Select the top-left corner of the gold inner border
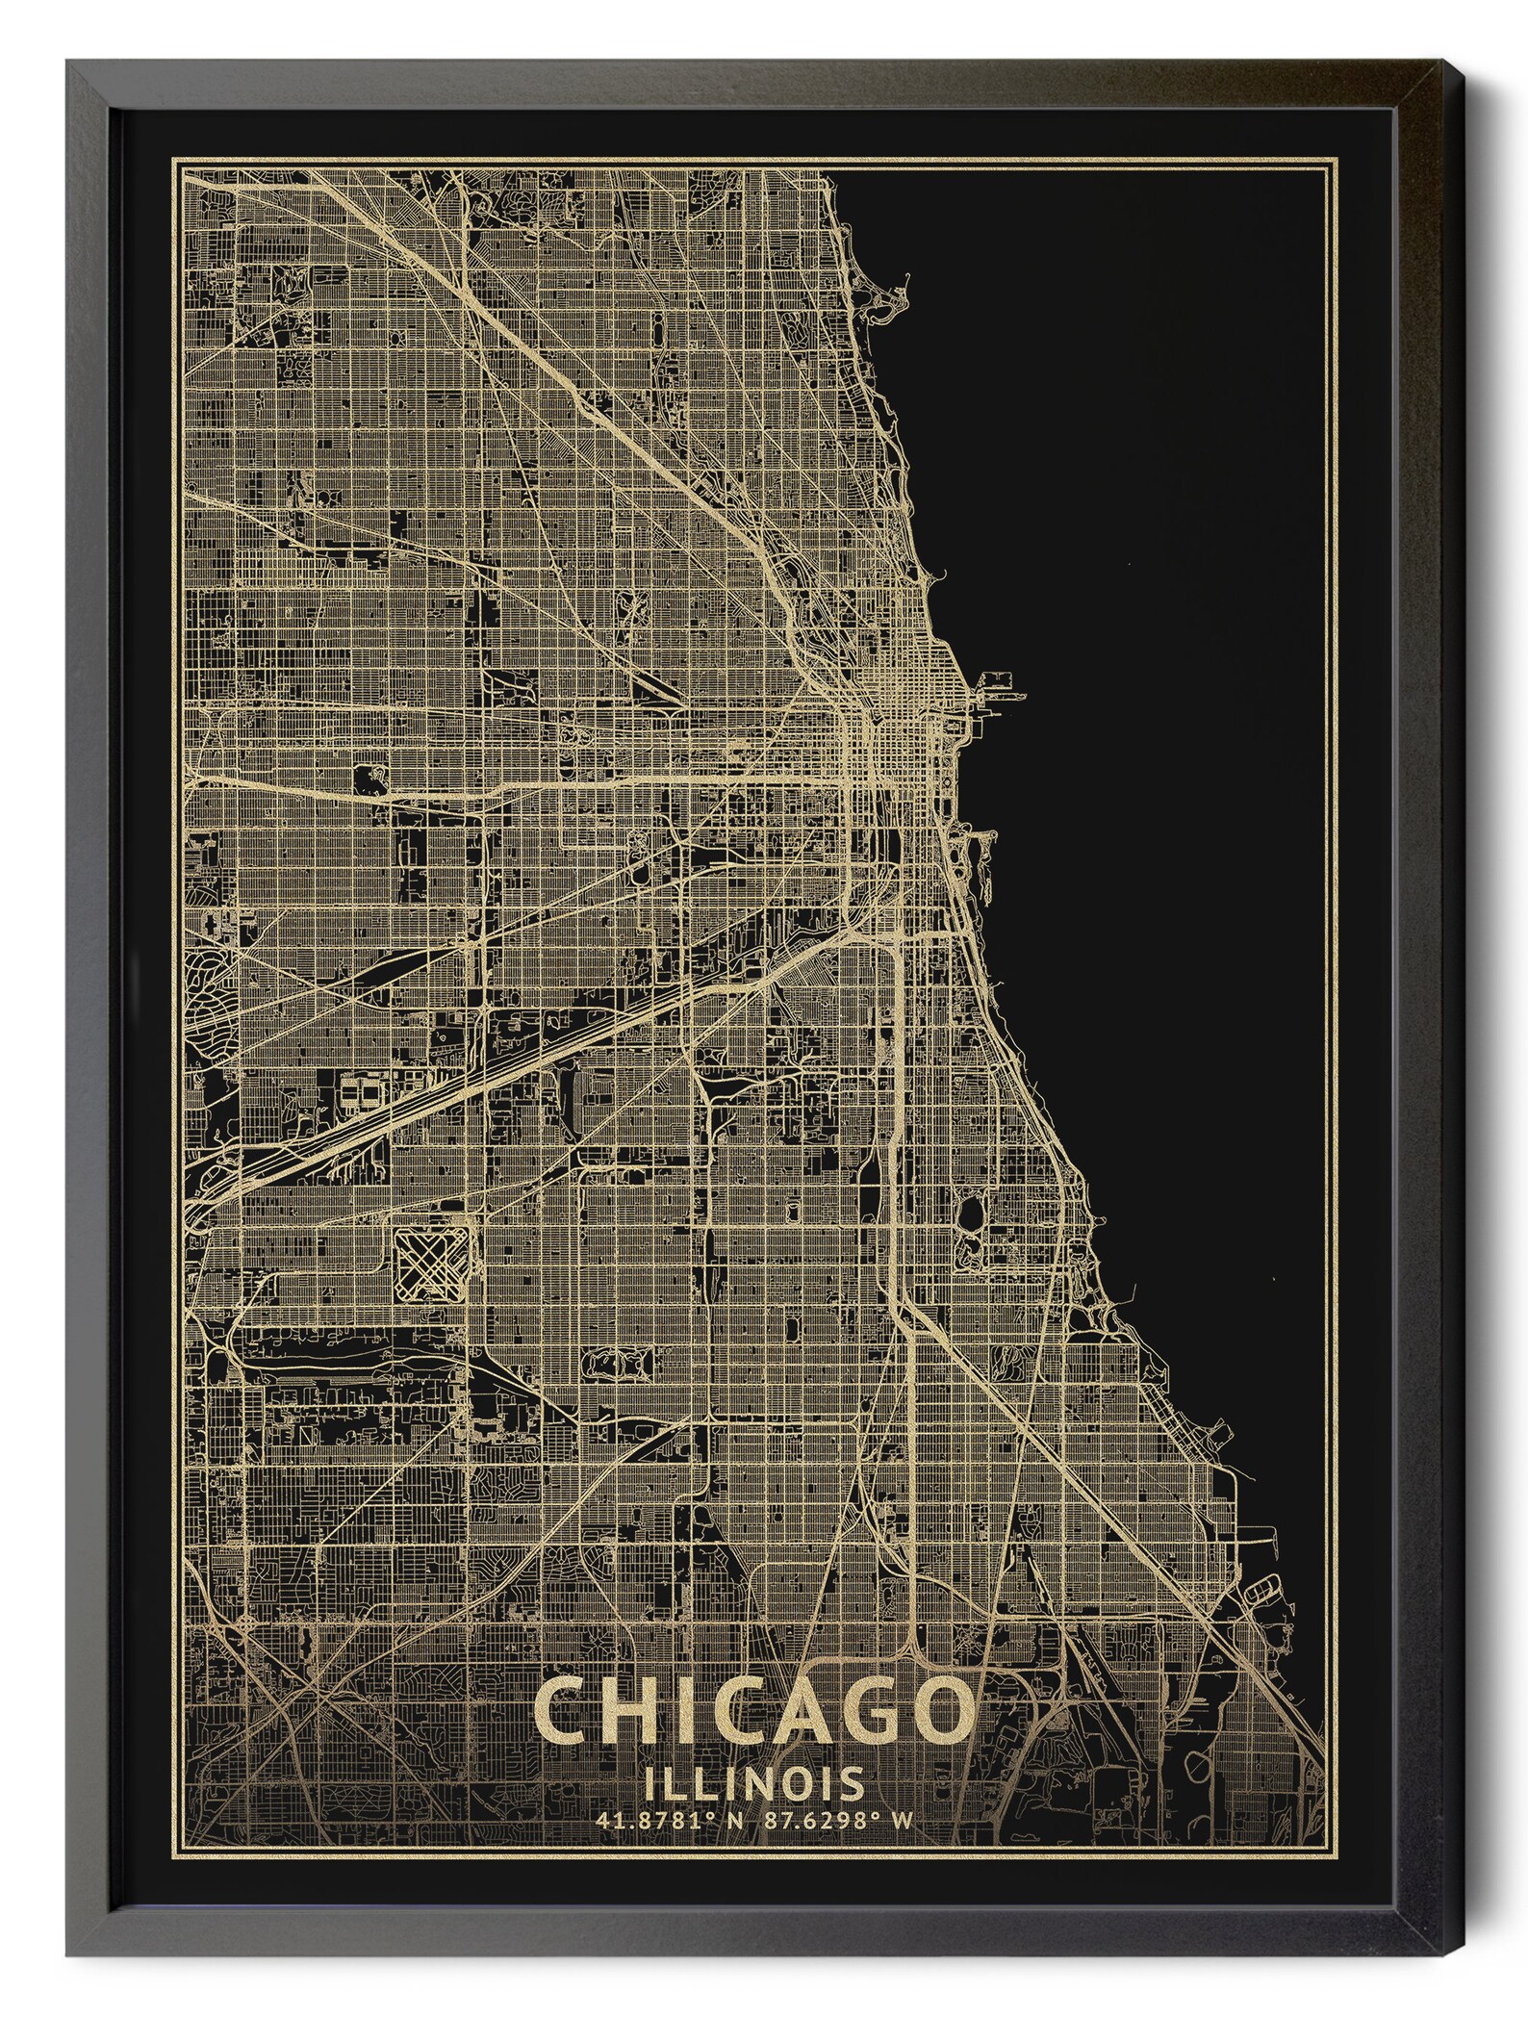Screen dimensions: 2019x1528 [x=174, y=156]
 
